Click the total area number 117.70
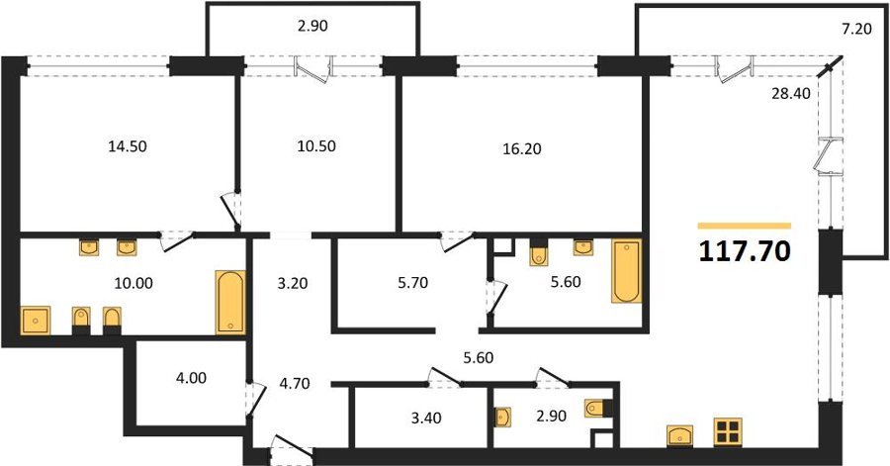[744, 251]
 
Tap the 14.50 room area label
[128, 146]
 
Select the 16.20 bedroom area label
[522, 148]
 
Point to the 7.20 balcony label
[856, 29]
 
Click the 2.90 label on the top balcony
[312, 26]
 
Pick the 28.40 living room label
[791, 93]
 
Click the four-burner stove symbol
[728, 432]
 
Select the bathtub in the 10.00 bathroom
[230, 302]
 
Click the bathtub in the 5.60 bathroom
[627, 271]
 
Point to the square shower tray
[36, 321]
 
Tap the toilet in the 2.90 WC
[598, 408]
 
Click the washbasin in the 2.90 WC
[503, 417]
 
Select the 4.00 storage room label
[191, 378]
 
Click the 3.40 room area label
[425, 419]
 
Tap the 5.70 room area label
[412, 283]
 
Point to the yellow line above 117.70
[744, 226]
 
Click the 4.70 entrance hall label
[295, 384]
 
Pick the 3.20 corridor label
[293, 283]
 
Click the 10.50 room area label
[316, 146]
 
